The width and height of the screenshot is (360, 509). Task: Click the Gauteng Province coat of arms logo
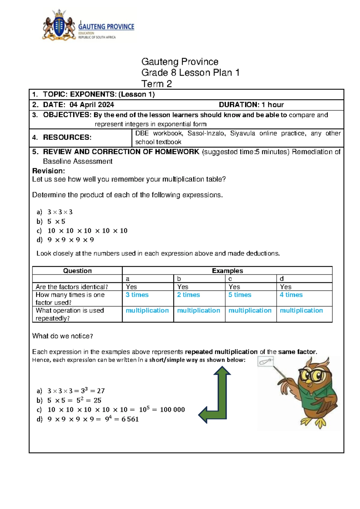click(x=59, y=25)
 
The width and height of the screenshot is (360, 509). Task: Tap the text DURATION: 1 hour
click(x=251, y=105)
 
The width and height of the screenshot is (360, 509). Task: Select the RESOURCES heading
click(x=67, y=137)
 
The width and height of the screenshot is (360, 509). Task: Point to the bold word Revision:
click(x=48, y=171)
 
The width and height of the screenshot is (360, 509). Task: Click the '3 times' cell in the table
click(x=137, y=295)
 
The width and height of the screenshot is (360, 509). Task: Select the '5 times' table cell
click(x=240, y=295)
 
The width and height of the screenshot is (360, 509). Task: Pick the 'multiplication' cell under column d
click(x=301, y=311)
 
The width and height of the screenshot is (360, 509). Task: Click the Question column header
click(x=77, y=271)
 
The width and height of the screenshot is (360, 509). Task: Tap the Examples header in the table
click(x=227, y=271)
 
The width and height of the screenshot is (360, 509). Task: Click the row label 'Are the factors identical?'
click(x=72, y=287)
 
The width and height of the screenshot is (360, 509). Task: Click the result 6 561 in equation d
click(x=130, y=419)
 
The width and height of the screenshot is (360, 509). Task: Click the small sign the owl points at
click(x=265, y=361)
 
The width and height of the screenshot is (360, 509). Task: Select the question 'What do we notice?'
click(x=62, y=336)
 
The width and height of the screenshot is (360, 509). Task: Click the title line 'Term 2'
click(x=156, y=84)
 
